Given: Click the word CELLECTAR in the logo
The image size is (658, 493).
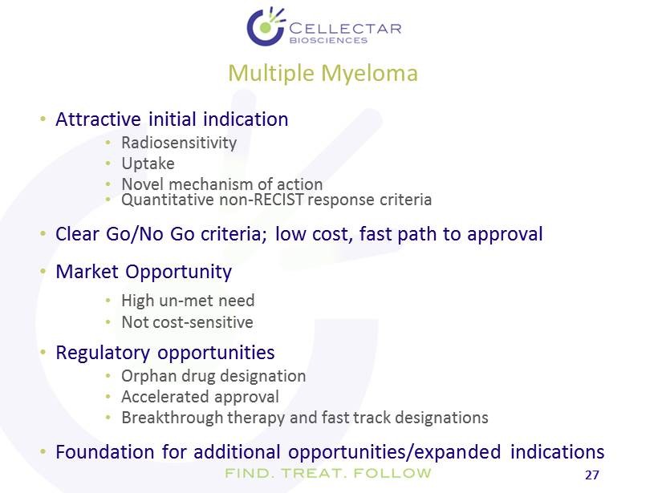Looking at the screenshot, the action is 345,29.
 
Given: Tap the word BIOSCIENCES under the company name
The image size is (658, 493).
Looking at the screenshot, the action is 328,41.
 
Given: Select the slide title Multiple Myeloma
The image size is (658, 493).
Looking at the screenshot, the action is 323,74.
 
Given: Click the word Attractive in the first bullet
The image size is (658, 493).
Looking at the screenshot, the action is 98,119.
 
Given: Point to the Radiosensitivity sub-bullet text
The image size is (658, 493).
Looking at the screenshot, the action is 179,143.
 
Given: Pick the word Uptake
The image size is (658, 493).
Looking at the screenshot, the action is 148,164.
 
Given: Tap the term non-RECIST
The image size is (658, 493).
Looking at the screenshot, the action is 262,200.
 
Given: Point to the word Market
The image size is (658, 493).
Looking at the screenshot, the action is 87,272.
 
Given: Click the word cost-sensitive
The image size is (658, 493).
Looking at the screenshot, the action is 203,322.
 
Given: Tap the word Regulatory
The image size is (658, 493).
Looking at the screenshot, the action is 103,353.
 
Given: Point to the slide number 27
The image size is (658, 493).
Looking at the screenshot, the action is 591,475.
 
